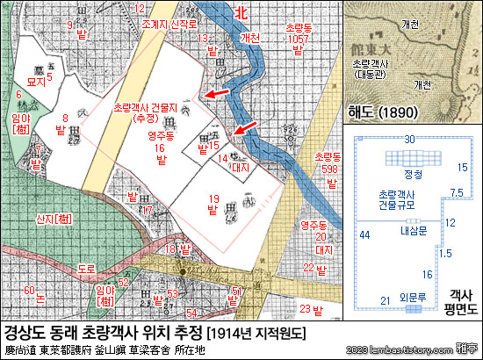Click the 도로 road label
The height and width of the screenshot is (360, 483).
click(x=86, y=267)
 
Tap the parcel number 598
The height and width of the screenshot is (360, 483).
click(x=329, y=169)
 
